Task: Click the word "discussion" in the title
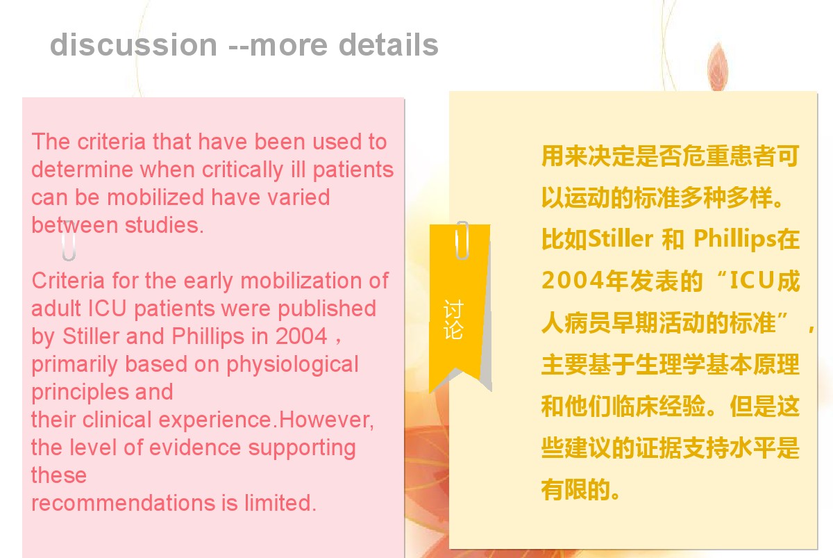click(x=133, y=44)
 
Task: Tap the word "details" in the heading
click(x=389, y=44)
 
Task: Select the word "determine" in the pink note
click(x=82, y=170)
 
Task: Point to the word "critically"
click(x=242, y=171)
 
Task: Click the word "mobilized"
click(x=155, y=197)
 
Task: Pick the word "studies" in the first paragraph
click(x=164, y=225)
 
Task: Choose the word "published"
click(x=327, y=309)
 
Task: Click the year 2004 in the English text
click(x=301, y=336)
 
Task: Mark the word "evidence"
click(x=195, y=448)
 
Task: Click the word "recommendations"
click(x=124, y=503)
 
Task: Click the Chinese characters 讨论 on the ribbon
click(x=453, y=320)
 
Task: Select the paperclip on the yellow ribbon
click(x=462, y=240)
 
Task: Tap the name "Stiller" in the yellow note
click(x=621, y=238)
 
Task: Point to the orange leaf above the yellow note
click(x=718, y=67)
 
